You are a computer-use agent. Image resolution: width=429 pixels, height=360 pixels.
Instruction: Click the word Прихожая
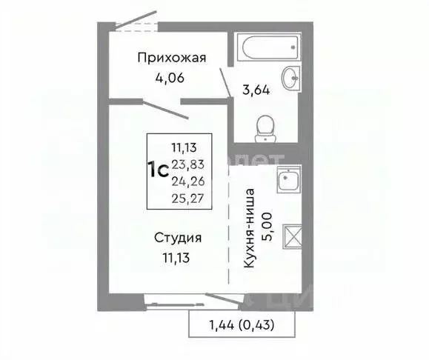pos(171,57)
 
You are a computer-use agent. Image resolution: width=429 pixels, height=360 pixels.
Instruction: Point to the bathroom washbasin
pos(291,76)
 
